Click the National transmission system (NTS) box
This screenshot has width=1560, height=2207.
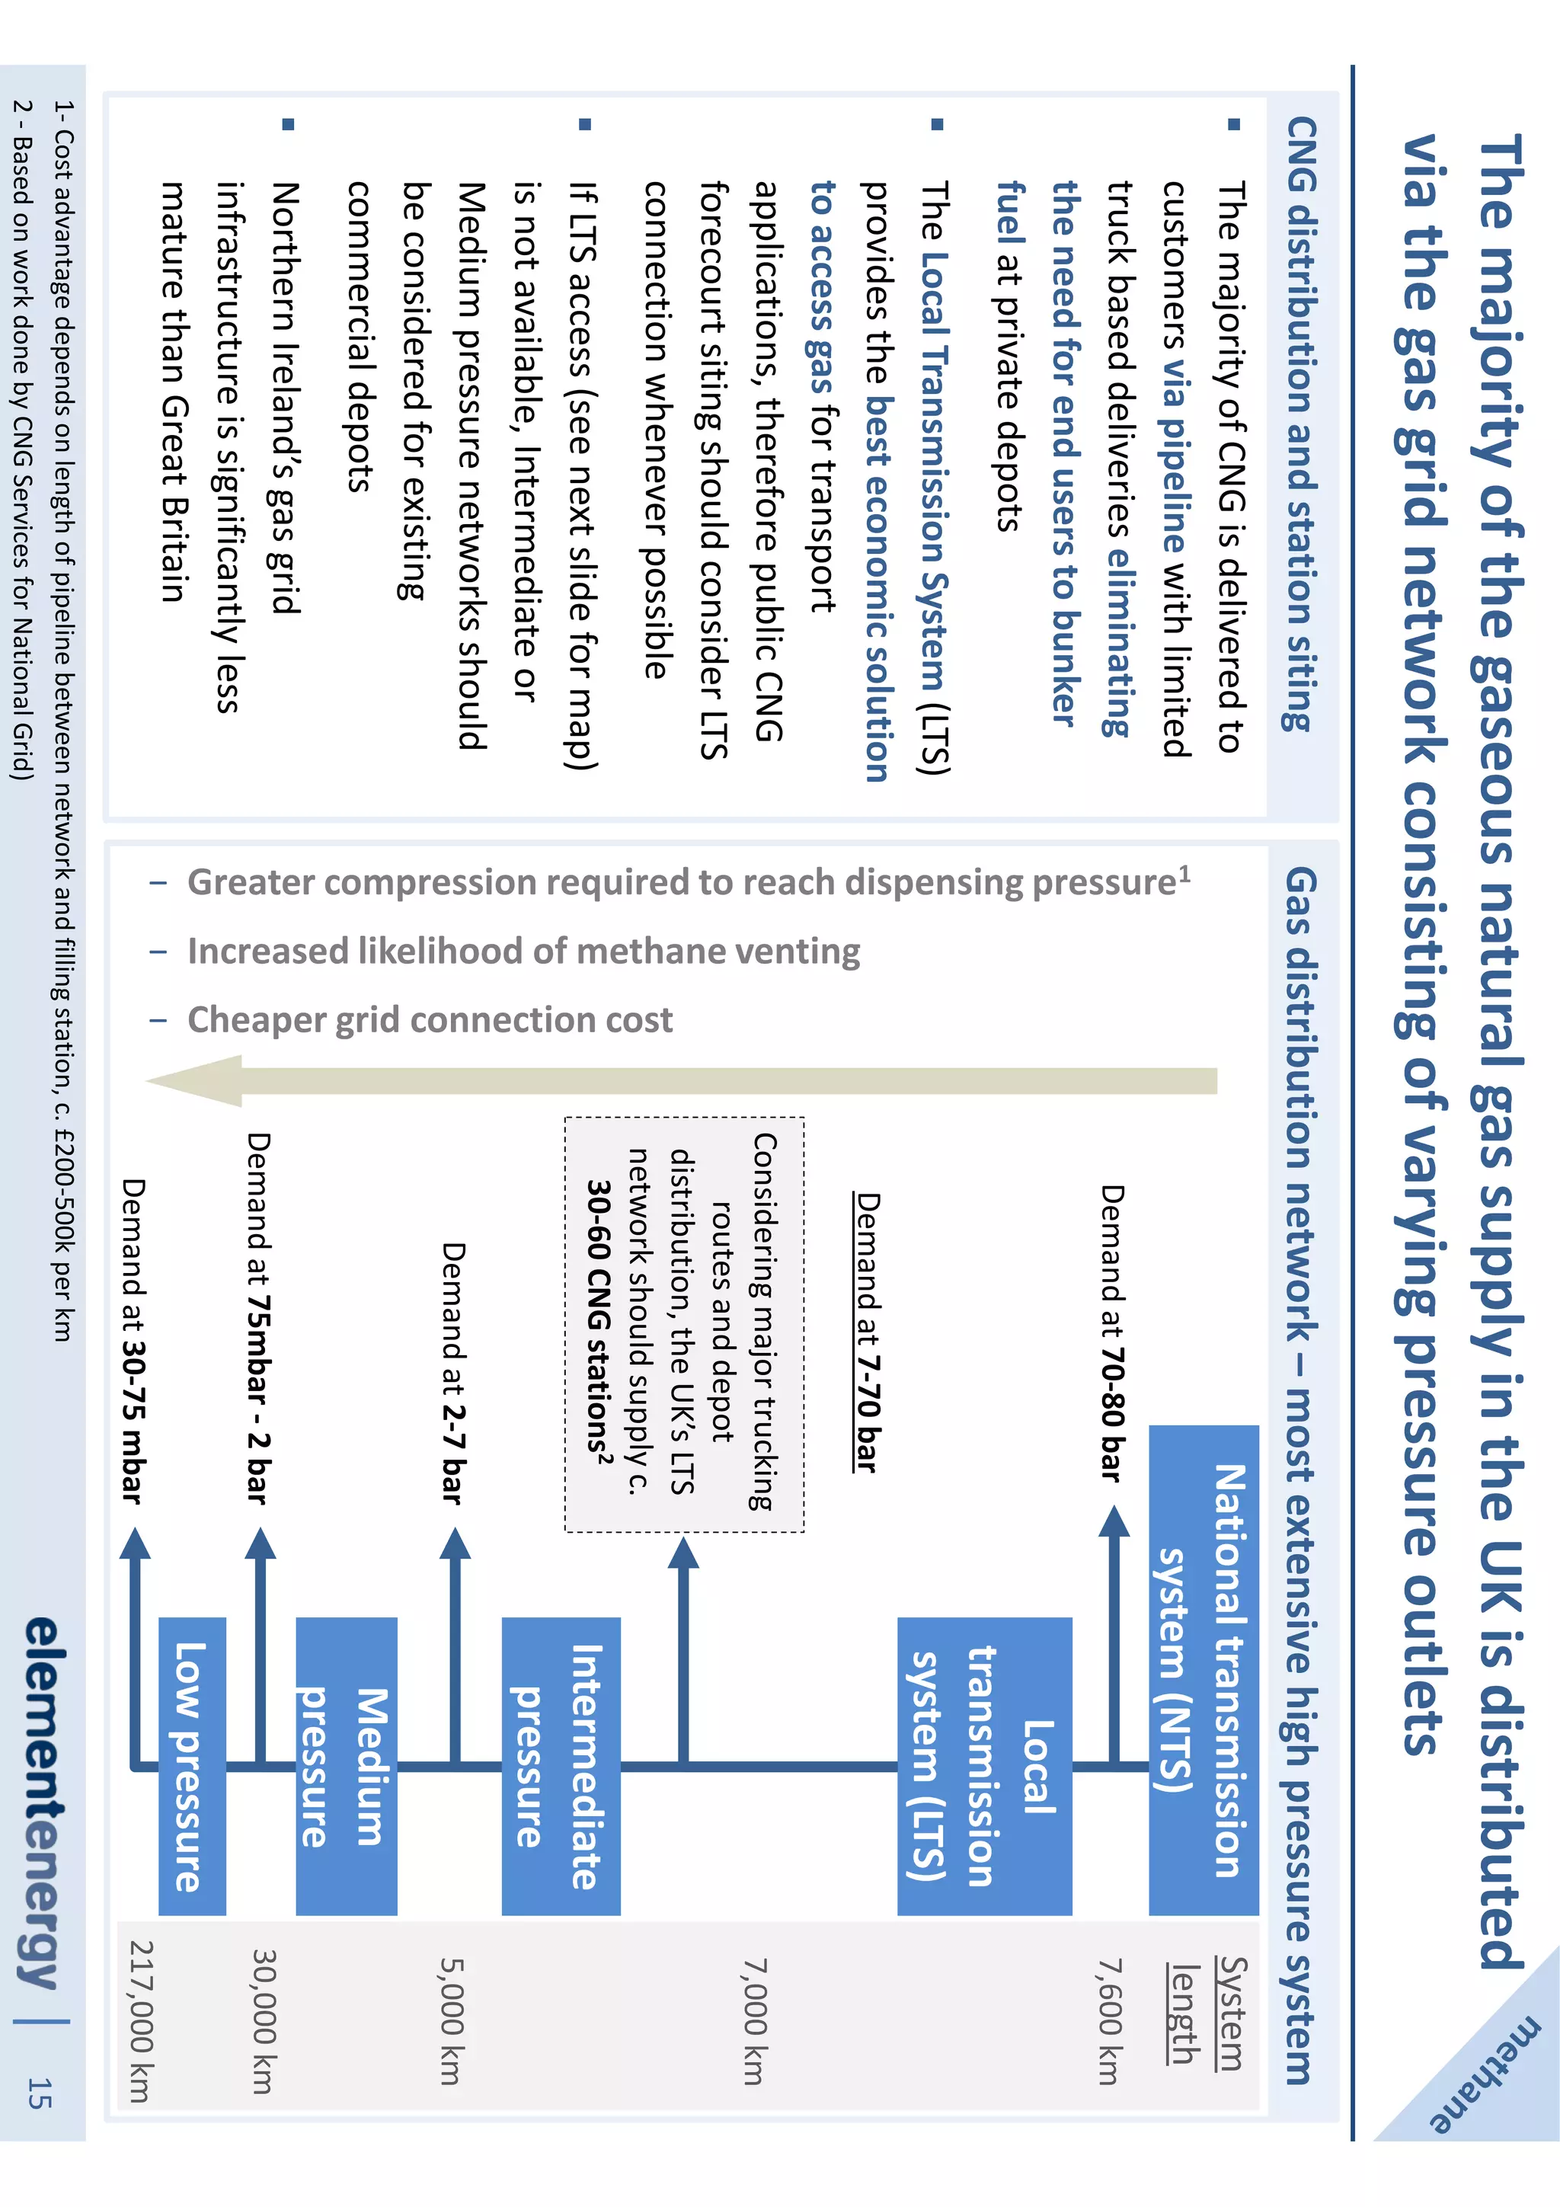click(x=1204, y=1671)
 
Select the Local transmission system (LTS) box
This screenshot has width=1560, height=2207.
click(x=984, y=1766)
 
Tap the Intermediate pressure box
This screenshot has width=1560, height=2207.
click(x=561, y=1766)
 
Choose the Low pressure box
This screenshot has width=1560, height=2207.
click(x=191, y=1766)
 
